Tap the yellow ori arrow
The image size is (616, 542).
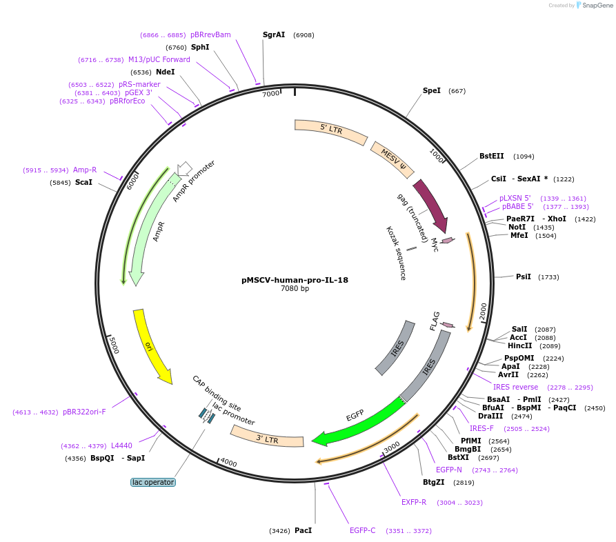(x=152, y=345)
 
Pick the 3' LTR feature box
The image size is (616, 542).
(x=267, y=437)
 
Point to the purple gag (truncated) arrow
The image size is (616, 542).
(x=430, y=204)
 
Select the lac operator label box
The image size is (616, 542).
(x=153, y=482)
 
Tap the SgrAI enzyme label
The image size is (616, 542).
(x=274, y=34)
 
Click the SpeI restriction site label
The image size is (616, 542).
(x=432, y=90)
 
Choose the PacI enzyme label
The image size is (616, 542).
(x=304, y=530)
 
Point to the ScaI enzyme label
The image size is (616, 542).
(x=83, y=182)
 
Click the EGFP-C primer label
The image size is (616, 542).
(x=363, y=530)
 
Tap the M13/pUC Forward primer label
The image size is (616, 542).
(x=159, y=59)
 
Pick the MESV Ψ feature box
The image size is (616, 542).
(x=393, y=160)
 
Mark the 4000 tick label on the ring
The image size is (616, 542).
(x=228, y=463)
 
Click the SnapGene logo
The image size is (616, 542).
(x=594, y=6)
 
